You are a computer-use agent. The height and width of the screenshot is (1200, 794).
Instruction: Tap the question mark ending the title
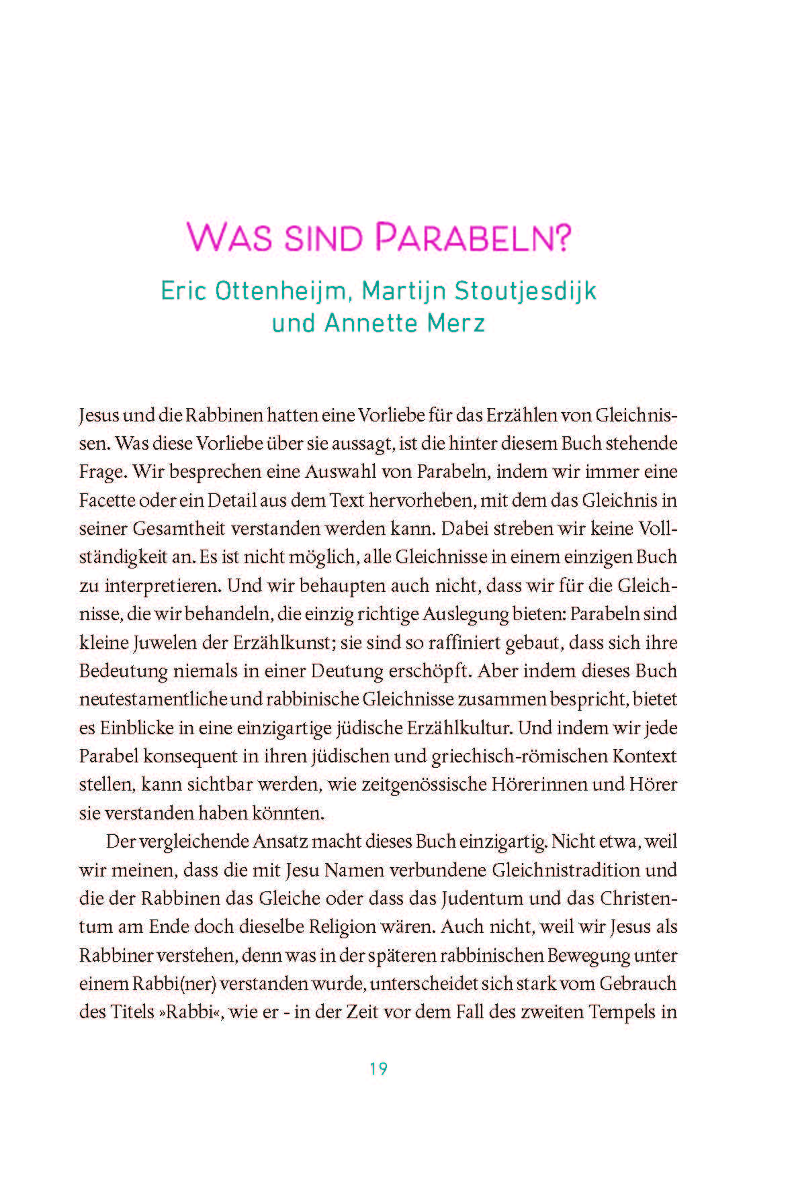[561, 238]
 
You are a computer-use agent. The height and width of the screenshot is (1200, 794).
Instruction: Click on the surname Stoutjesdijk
[525, 291]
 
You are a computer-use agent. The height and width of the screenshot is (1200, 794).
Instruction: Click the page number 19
[379, 1068]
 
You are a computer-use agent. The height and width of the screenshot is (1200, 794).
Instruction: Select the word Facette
[108, 501]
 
